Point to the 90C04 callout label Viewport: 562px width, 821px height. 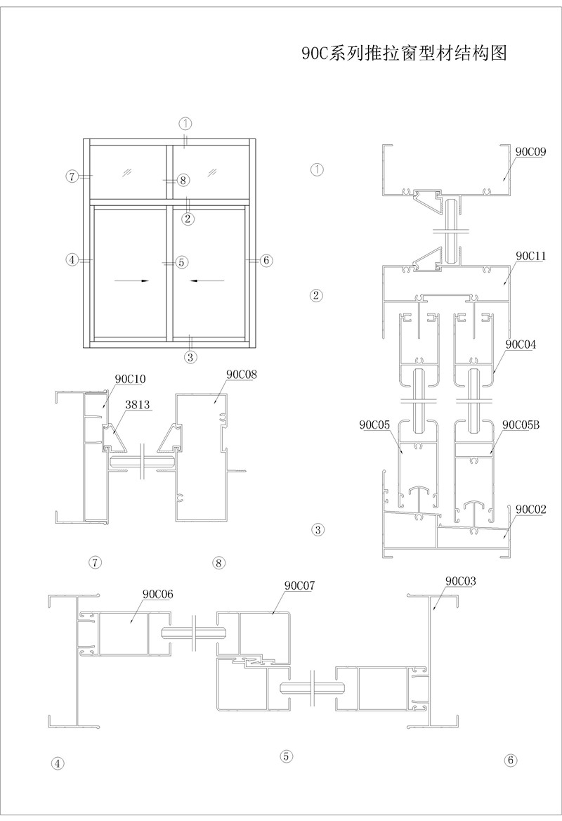coord(520,344)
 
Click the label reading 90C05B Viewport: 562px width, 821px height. coord(521,425)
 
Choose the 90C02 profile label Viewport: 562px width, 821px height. coord(531,508)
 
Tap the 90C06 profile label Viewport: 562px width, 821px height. coord(158,594)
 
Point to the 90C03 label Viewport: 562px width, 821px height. coord(461,581)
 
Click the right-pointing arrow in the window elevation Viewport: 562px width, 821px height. coord(132,280)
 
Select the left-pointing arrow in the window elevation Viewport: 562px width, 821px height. coord(207,280)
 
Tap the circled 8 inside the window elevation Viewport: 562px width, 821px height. coord(183,181)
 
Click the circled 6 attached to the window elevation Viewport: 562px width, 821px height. coord(266,260)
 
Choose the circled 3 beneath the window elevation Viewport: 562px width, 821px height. coord(190,356)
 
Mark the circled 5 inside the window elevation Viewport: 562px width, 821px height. coord(181,262)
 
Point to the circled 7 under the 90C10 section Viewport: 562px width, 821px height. coord(96,562)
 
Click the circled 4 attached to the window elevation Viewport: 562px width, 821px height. coord(72,260)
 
